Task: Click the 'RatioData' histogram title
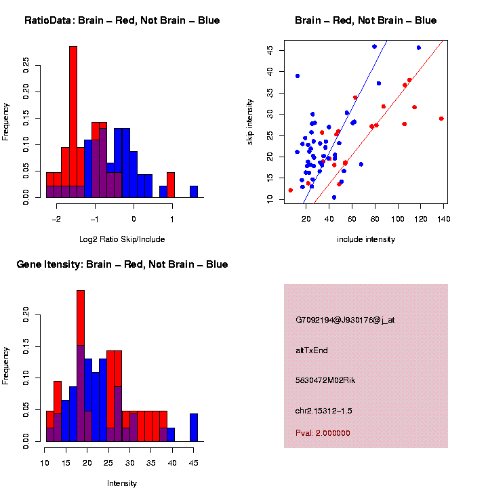click(122, 20)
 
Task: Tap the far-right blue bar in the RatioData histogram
click(194, 192)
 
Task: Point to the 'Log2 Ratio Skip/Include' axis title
click(122, 239)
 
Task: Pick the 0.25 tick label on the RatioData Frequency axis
click(26, 64)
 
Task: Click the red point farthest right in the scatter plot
click(441, 119)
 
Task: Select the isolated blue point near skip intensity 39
click(298, 76)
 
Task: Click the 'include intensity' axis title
click(366, 239)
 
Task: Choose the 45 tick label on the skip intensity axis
click(270, 50)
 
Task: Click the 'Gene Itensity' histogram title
click(122, 264)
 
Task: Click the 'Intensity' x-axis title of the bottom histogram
click(122, 483)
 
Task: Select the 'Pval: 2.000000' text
click(323, 433)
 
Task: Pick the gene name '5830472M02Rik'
click(325, 380)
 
